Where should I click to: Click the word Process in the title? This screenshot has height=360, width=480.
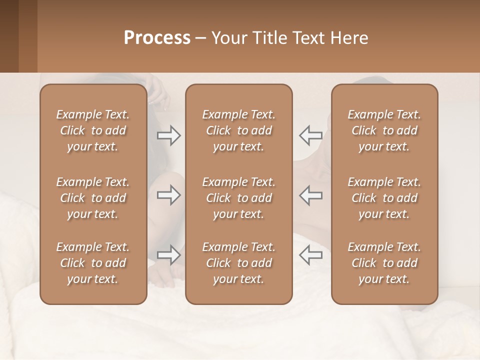coord(157,37)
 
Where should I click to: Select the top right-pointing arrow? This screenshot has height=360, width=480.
coord(169,135)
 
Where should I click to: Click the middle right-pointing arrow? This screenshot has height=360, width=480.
coord(169,195)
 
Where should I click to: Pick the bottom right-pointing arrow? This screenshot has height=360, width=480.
coord(169,255)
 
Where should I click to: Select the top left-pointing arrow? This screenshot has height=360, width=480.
coord(310,135)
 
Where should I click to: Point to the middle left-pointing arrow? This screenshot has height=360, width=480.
coord(310,195)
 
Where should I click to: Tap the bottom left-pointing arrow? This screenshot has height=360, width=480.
coord(310,255)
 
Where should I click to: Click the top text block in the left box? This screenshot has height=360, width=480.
coord(93,130)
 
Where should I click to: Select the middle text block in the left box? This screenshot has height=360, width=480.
coord(93,198)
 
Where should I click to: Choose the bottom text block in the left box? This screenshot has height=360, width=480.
coord(93,263)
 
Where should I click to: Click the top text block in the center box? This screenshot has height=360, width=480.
coord(238,130)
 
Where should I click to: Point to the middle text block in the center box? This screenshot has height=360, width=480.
coord(238,198)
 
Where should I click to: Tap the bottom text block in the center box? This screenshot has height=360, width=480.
coord(238,263)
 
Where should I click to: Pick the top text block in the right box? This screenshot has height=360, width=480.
coord(384,130)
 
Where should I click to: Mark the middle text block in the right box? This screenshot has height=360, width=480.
coord(384,198)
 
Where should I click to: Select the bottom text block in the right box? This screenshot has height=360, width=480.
coord(384,263)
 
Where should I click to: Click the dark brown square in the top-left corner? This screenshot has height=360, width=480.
coord(9,36)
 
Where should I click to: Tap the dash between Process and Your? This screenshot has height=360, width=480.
coord(200,38)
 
